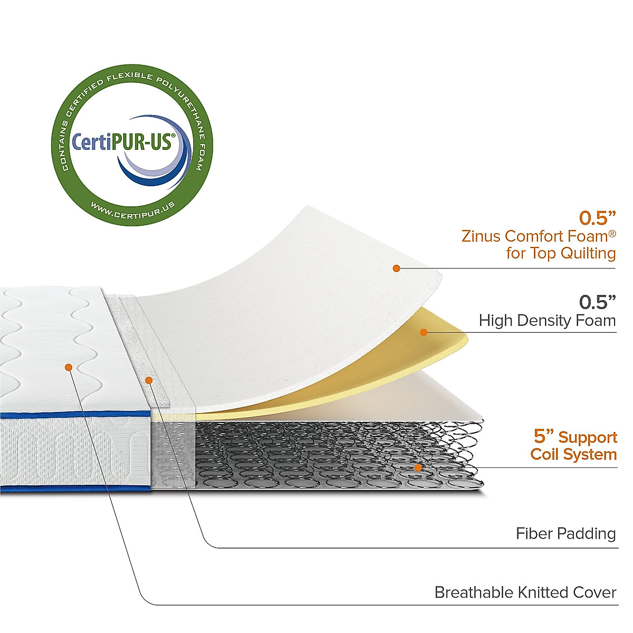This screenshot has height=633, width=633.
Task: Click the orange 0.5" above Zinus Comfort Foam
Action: point(597,217)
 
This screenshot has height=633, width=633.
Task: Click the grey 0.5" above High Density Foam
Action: point(597,302)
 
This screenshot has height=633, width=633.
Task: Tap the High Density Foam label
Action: point(547,320)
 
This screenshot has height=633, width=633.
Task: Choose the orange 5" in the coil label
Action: point(543,437)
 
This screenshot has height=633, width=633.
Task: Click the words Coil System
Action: point(573,454)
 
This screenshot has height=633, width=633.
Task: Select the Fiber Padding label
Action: point(565,533)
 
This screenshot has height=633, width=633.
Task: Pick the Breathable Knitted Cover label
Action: point(525,592)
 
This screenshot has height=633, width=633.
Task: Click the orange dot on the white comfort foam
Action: point(396,268)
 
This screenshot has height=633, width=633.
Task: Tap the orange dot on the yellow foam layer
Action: point(423,332)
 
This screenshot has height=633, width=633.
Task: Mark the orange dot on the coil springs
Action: point(418,467)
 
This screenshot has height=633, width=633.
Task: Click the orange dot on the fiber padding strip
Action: point(149,380)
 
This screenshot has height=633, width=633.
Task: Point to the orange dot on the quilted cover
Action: point(68,367)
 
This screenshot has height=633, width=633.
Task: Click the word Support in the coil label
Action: point(588,437)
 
